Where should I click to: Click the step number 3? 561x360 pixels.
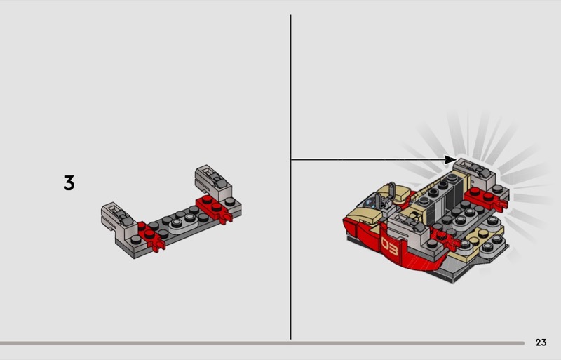click(x=69, y=182)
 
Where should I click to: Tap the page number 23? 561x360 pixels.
click(x=541, y=342)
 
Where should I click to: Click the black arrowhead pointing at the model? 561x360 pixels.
click(x=450, y=160)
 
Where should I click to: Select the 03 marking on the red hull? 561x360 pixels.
click(x=390, y=246)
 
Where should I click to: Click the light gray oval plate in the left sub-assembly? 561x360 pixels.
click(x=183, y=221)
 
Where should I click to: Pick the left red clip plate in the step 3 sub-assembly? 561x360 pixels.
click(x=150, y=235)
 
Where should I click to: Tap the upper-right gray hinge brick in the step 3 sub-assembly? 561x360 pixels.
click(x=213, y=182)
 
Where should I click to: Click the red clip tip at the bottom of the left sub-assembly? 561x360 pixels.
click(x=158, y=246)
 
